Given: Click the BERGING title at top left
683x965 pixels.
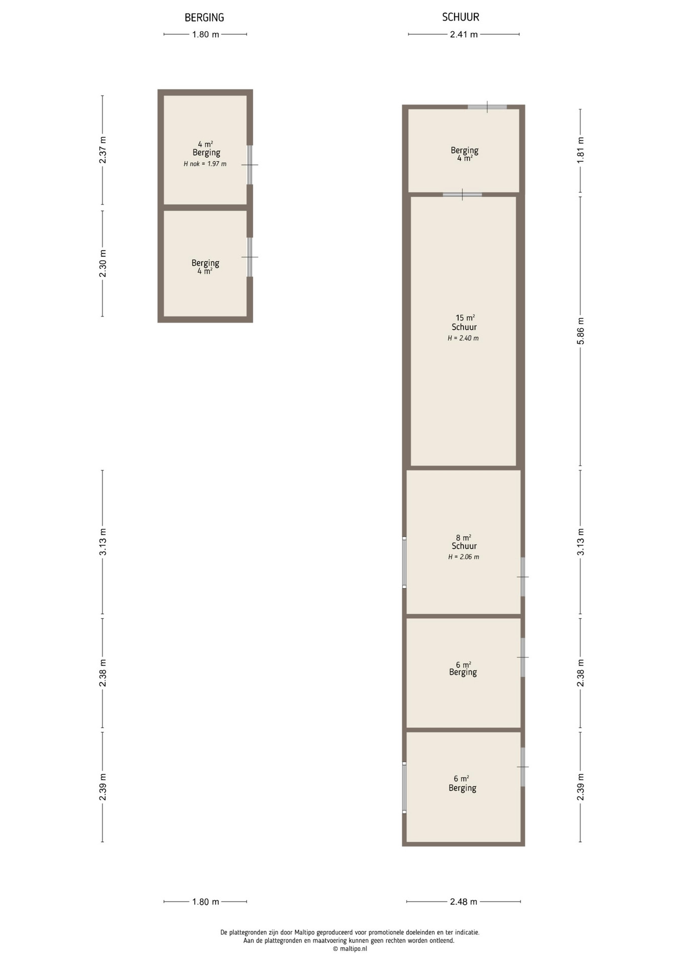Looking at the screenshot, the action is [x=204, y=18].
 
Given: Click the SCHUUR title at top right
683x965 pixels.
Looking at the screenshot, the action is [x=461, y=17].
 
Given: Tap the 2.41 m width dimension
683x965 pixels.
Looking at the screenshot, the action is [x=464, y=35].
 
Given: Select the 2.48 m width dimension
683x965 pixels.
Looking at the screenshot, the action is [x=463, y=902].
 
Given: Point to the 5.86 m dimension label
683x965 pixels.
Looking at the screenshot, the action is [x=580, y=331].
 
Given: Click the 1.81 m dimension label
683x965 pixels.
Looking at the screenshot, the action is [x=580, y=150].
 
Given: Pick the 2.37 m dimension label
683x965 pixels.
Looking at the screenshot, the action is [x=103, y=150].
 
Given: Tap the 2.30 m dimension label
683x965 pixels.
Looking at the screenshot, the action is [x=103, y=263].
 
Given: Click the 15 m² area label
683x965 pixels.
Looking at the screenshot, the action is [x=465, y=318].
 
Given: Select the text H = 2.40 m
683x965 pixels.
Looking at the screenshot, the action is [x=463, y=338].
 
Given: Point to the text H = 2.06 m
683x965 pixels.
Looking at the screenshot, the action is [x=464, y=557].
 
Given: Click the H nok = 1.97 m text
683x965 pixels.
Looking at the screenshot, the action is [x=205, y=164].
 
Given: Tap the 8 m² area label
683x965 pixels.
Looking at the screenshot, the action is [x=464, y=538].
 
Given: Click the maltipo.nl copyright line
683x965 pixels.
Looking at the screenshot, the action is [x=350, y=949].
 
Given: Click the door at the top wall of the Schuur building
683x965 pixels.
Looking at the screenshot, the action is [x=487, y=107].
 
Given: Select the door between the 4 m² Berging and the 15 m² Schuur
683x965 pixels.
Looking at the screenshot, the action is [x=462, y=195].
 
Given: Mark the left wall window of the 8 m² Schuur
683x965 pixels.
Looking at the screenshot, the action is [x=404, y=562].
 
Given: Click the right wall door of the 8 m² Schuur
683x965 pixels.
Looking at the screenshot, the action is [x=523, y=577].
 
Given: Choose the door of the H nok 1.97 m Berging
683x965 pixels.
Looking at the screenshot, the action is [x=249, y=165].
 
